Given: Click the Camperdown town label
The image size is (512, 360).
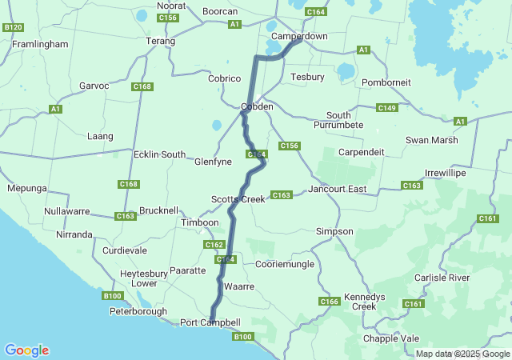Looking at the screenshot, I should pyautogui.click(x=299, y=37).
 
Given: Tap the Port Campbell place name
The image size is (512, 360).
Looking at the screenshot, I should pyautogui.click(x=210, y=322).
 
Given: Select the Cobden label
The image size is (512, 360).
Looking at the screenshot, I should pyautogui.click(x=258, y=106).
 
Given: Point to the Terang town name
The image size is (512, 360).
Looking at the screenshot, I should pyautogui.click(x=160, y=41).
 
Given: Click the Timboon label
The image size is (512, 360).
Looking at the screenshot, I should pyautogui.click(x=200, y=222).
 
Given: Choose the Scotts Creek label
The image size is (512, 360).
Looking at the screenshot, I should pyautogui.click(x=238, y=198).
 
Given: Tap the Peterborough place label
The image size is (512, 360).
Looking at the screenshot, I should pyautogui.click(x=138, y=311).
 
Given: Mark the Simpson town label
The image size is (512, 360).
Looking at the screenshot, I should pyautogui.click(x=334, y=231).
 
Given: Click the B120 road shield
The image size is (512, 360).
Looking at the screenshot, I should pyautogui.click(x=13, y=27).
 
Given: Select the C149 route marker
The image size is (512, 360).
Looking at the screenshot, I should pyautogui.click(x=387, y=108).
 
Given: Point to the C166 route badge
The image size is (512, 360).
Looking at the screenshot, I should pyautogui.click(x=330, y=302).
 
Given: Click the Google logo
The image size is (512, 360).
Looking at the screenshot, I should pyautogui.click(x=26, y=350).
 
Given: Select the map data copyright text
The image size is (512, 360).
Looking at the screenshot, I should pyautogui.click(x=461, y=354).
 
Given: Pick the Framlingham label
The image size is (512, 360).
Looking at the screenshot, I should pyautogui.click(x=40, y=45).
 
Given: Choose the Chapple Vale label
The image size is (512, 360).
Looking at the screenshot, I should pyautogui.click(x=391, y=338).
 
